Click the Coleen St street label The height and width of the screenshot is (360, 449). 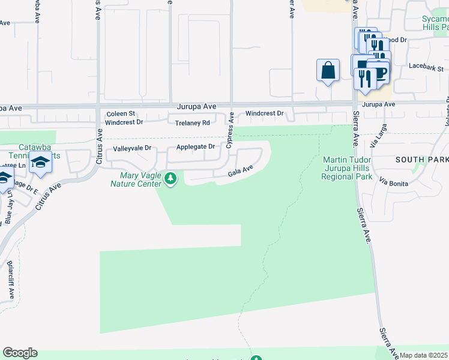tap(121, 113)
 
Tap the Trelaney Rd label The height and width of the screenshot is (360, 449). tap(192, 122)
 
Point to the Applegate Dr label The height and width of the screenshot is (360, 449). tap(195, 146)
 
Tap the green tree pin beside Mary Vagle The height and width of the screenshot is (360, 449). tap(171, 178)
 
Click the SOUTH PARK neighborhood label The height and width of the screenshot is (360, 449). tap(422, 160)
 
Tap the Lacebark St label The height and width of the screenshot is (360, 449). tap(425, 66)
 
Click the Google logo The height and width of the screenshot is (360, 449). tap(20, 353)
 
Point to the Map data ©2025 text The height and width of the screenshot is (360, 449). tap(424, 355)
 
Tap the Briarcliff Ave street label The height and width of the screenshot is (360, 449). tap(11, 280)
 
